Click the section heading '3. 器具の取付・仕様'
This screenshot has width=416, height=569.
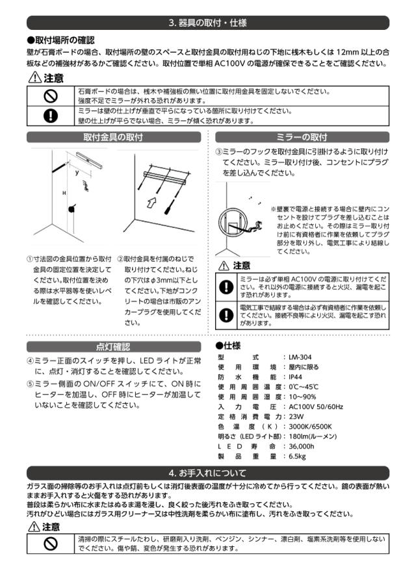(207, 23)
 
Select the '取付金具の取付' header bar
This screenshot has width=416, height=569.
(113, 137)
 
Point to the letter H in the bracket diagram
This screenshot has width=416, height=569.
(64, 194)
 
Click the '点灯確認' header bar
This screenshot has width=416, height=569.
(113, 346)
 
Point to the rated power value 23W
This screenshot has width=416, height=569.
(296, 416)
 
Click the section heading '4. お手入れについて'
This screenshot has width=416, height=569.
(207, 472)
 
